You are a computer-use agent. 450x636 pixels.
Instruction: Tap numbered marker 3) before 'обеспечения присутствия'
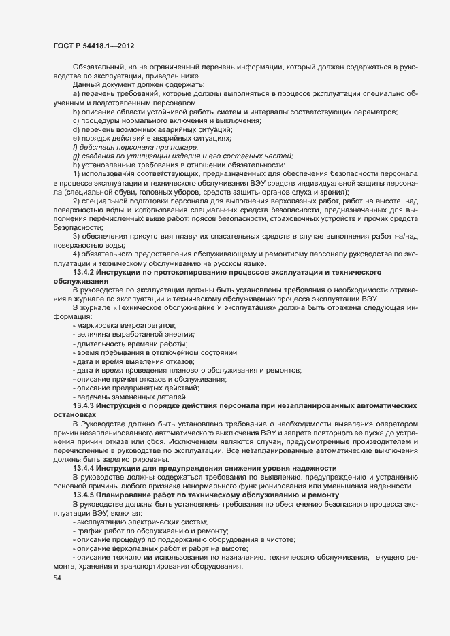point(76,235)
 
